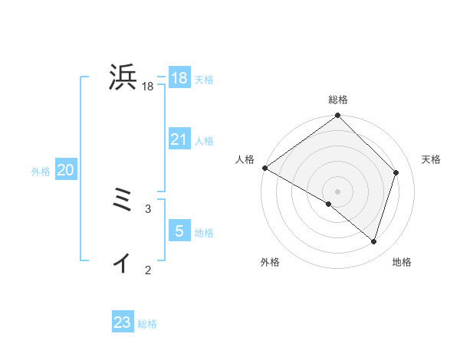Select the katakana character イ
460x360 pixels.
click(122, 263)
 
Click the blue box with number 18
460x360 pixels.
click(179, 78)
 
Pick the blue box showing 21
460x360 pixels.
click(179, 139)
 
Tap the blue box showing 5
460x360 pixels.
click(179, 231)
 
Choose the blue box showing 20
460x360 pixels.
click(65, 170)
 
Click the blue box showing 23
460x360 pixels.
click(123, 322)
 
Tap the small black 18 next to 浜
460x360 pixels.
click(147, 87)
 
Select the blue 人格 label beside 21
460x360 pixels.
click(204, 141)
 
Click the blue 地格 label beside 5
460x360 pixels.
click(204, 233)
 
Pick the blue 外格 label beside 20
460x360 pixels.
click(41, 172)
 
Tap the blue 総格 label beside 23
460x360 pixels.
click(147, 324)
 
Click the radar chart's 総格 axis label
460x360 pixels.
click(337, 100)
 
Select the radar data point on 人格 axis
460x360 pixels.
click(264, 168)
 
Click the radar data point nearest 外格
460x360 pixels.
click(329, 204)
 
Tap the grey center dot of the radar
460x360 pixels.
click(337, 191)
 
